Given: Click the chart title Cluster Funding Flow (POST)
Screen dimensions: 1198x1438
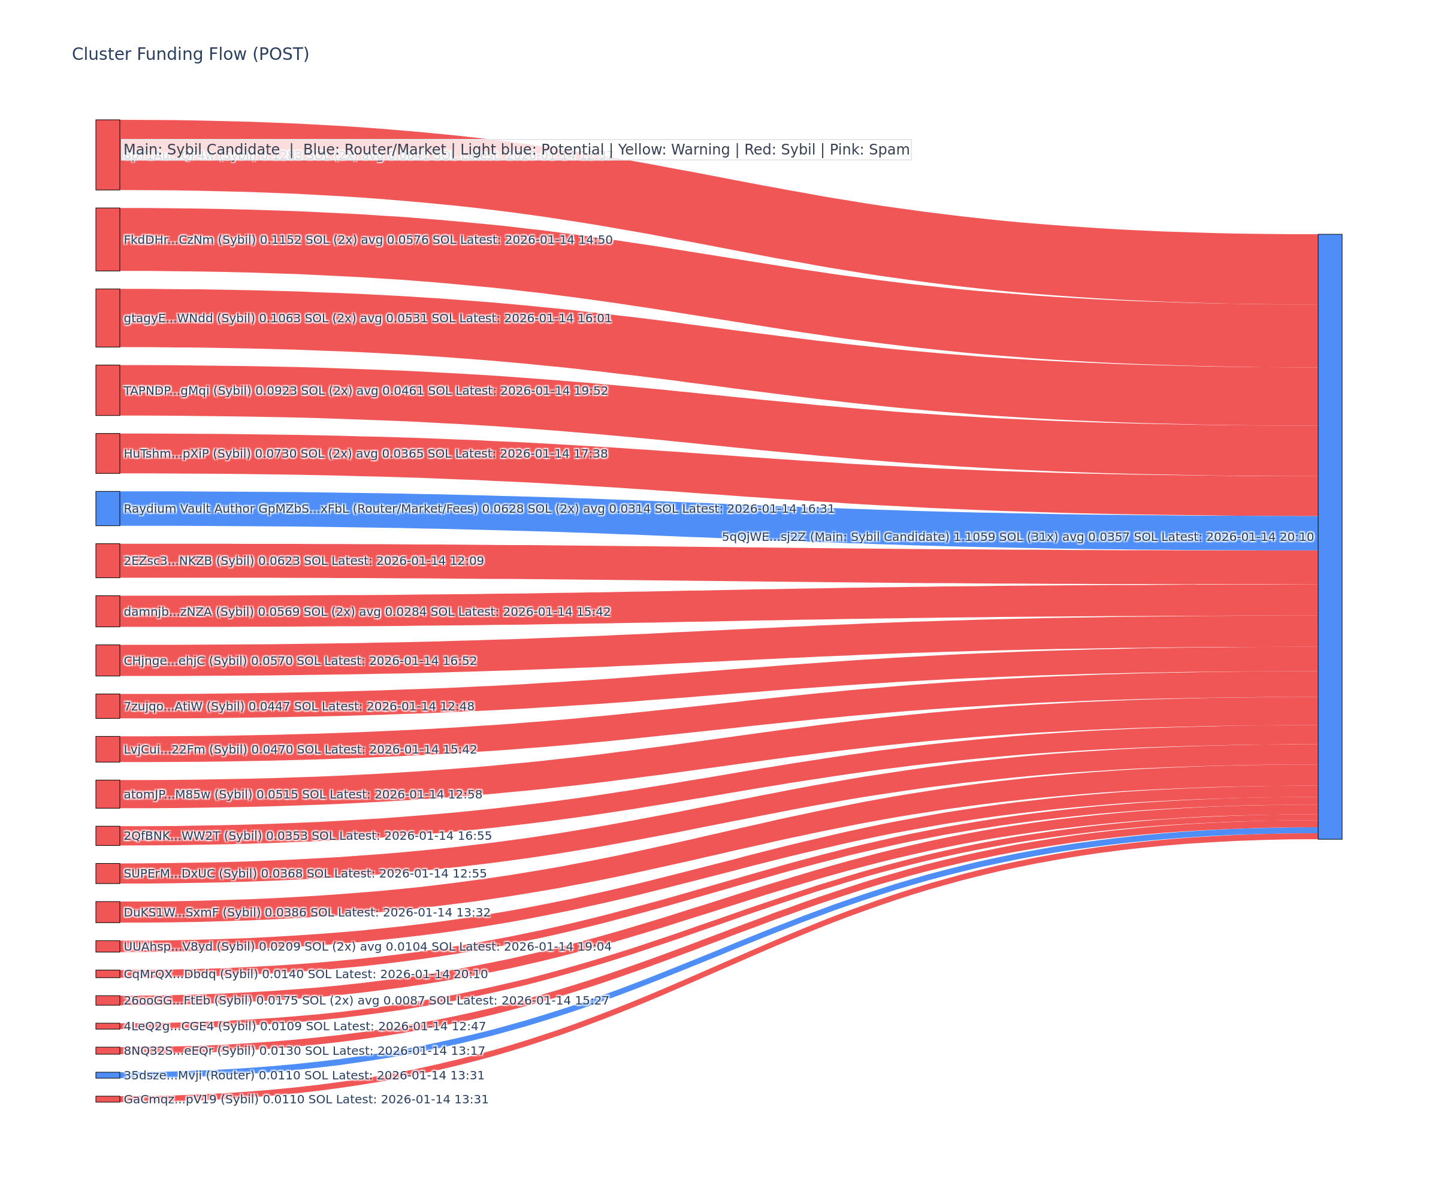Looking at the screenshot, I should click(x=191, y=54).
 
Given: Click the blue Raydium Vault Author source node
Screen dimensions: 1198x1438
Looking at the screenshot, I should click(x=107, y=509).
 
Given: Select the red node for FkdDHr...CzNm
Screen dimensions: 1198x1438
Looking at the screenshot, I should click(x=107, y=240).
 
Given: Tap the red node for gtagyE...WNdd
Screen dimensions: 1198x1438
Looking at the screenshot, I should click(x=107, y=317).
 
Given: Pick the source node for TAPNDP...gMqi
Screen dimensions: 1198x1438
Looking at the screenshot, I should click(x=107, y=390).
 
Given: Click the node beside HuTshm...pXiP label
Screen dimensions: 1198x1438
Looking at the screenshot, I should click(x=107, y=453).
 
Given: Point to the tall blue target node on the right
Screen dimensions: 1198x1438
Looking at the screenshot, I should click(x=1330, y=536).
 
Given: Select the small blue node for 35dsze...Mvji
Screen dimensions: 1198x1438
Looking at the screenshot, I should click(x=107, y=1075).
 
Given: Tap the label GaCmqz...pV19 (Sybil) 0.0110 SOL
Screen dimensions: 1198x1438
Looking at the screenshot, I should click(x=306, y=1099).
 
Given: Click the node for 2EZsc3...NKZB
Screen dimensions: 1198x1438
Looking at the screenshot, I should click(x=107, y=561).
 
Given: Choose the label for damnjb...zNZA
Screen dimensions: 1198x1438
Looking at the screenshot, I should click(x=366, y=612).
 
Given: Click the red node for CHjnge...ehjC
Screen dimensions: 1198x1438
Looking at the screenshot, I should click(x=107, y=661).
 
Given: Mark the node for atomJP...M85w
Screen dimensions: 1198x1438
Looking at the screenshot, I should click(x=107, y=794).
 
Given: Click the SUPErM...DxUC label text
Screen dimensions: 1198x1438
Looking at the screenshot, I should click(x=305, y=873).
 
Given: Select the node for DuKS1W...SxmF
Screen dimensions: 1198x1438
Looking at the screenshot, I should click(x=107, y=912).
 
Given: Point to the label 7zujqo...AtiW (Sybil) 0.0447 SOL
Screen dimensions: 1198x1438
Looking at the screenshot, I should click(x=298, y=706).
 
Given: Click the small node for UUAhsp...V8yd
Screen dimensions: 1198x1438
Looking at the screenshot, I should click(x=107, y=946).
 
